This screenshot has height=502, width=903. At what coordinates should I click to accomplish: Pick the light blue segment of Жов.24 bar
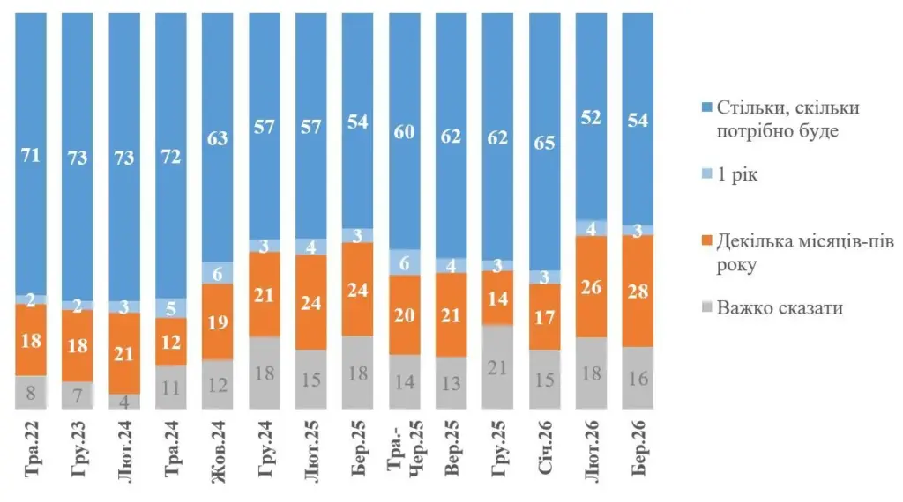(x=218, y=273)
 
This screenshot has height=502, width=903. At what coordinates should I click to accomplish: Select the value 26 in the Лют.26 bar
(x=591, y=286)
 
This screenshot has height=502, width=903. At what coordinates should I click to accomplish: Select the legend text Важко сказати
(x=780, y=308)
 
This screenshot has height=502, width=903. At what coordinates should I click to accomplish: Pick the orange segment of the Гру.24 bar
(x=265, y=294)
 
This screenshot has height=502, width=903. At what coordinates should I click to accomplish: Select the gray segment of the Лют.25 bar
(x=310, y=379)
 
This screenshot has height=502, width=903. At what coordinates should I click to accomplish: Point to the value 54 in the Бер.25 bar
(x=357, y=122)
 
